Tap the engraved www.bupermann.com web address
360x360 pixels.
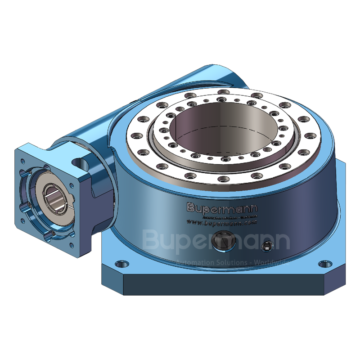point(221,222)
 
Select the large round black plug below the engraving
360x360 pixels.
point(223,240)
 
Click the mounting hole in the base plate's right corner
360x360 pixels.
point(322,264)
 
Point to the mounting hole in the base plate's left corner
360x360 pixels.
point(119,264)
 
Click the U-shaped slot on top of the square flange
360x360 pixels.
point(80,161)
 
